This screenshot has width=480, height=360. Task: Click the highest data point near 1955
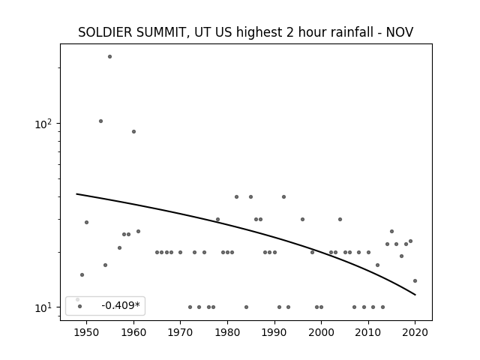coord(110,57)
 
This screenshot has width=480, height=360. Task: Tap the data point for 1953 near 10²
coord(100,121)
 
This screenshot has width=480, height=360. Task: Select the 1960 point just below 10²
coord(133,132)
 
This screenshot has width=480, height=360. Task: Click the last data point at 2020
coord(415,280)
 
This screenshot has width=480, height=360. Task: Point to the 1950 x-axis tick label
coord(86,332)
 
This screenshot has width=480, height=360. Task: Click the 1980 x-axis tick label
coord(227,332)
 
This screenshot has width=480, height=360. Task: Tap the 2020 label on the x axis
coord(415,332)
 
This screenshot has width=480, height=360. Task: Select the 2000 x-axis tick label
coord(321,332)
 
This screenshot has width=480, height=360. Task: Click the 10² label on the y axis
coord(43,124)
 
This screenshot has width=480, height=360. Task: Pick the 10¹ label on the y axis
coord(43,307)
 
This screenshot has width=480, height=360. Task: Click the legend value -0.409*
coord(121,305)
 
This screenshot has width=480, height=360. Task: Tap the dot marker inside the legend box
coord(80,306)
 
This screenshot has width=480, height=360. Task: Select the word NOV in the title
coord(400,32)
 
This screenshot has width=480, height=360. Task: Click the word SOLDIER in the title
coord(106,32)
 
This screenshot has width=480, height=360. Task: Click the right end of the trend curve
coord(415,295)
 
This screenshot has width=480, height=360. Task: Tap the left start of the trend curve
coord(76,193)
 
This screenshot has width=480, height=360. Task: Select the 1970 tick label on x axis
coord(180,332)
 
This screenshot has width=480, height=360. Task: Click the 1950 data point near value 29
coord(87,222)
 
